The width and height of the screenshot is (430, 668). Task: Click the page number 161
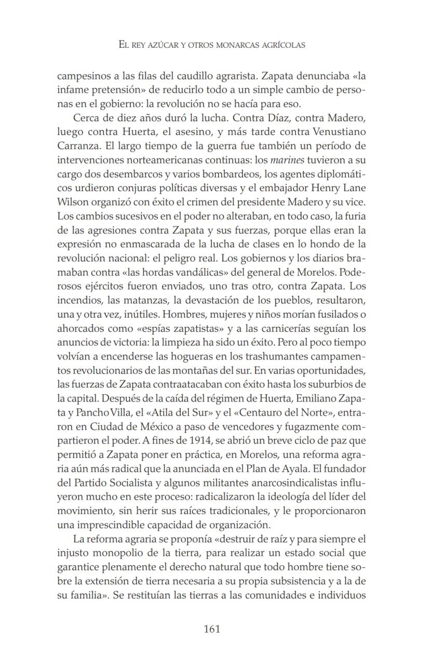212,629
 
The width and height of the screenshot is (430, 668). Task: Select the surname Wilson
71,201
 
